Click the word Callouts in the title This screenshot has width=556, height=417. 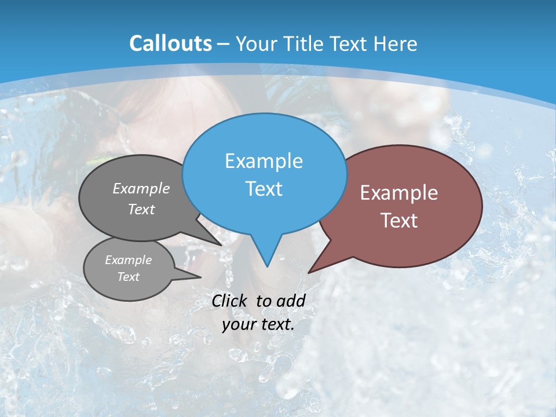(x=170, y=43)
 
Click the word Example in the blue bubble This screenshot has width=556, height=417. (x=264, y=161)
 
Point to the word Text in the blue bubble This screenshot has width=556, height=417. (x=264, y=189)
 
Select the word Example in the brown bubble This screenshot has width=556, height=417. (x=399, y=193)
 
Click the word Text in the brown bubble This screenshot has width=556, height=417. (x=399, y=221)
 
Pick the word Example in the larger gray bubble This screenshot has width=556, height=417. (x=141, y=188)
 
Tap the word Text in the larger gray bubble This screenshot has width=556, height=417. (x=141, y=209)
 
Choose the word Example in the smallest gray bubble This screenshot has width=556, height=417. (x=128, y=260)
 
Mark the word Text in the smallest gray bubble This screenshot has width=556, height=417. (x=128, y=277)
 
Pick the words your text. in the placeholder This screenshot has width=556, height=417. (x=258, y=324)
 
